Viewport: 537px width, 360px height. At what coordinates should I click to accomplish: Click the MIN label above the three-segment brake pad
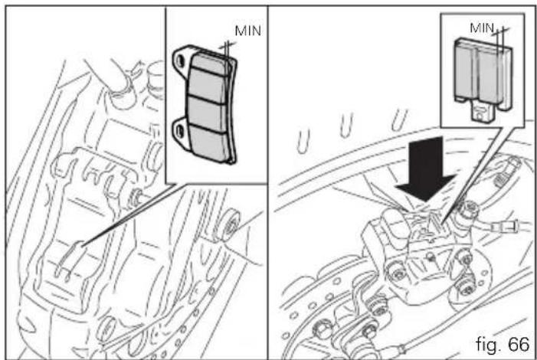coord(248,31)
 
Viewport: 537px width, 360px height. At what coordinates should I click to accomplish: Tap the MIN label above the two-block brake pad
coord(482,28)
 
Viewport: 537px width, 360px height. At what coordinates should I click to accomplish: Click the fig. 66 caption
coord(503,344)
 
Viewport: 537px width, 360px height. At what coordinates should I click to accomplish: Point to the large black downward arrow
coord(426,169)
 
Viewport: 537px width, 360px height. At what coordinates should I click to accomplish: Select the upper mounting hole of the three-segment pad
coord(178,61)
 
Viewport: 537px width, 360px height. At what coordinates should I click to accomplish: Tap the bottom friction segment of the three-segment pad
coord(209,145)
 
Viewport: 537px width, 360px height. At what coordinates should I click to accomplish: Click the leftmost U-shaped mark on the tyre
coord(303,141)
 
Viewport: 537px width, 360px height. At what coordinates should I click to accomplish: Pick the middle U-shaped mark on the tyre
coord(346,125)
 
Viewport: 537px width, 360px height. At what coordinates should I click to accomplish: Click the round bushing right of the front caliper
coord(230,224)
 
